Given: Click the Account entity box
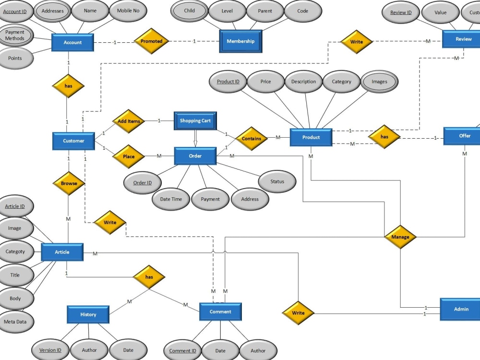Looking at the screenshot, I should tap(72, 42).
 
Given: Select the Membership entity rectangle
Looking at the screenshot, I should tap(240, 41).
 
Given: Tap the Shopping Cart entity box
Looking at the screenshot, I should tap(195, 120).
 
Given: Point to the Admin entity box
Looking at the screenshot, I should tap(461, 309).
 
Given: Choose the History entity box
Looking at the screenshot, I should tap(88, 314).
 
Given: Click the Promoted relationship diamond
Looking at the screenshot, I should tap(151, 41).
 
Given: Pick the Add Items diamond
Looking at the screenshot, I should tap(129, 121).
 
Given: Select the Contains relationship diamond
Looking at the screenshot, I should tap(252, 138).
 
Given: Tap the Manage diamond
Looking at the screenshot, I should tap(400, 237).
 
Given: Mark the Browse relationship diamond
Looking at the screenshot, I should tap(69, 183).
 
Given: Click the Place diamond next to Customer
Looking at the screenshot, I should tap(129, 156).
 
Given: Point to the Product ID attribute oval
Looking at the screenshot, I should tap(228, 82).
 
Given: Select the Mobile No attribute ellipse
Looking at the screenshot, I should tap(128, 11).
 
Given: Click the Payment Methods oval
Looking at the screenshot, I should tap(15, 35).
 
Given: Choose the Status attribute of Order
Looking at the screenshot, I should tap(277, 181).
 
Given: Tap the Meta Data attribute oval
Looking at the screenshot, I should tap(15, 322).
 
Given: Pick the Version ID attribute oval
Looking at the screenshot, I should tap(50, 350).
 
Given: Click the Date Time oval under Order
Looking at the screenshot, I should tap(171, 199).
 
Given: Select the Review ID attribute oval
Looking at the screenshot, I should tap(401, 13).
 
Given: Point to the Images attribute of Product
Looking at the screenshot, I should tap(379, 82).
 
